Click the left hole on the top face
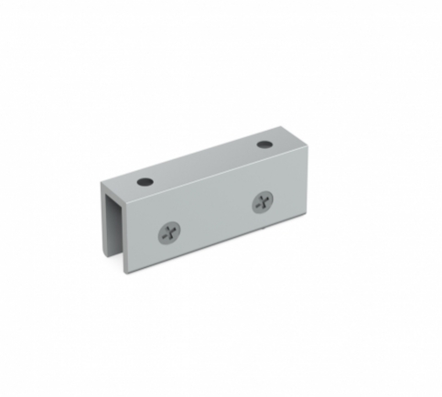tap(145, 180)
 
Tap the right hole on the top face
tap(264, 145)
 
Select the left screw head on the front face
tap(170, 234)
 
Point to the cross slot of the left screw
tap(170, 234)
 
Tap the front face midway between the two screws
tap(217, 219)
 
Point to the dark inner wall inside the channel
tap(115, 229)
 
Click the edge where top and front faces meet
tap(220, 170)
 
